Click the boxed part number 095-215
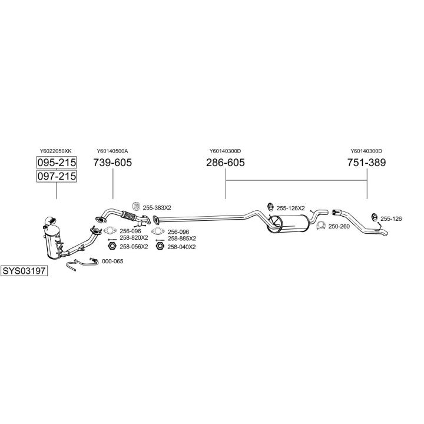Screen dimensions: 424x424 coord(57,163)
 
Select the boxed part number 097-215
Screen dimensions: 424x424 coord(57,176)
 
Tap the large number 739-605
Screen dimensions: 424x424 coord(112,163)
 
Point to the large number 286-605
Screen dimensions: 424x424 coord(225,163)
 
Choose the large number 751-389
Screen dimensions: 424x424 coord(366,163)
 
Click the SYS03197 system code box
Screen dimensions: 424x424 coord(24,271)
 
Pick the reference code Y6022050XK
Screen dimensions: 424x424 coord(57,151)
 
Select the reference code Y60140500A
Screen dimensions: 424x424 coord(112,151)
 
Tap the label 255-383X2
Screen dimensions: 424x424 coord(157,207)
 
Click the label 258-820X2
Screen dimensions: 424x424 coord(133,238)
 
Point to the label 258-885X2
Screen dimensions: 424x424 coord(181,238)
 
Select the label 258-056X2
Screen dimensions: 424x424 coord(133,247)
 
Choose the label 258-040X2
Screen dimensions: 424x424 coord(181,247)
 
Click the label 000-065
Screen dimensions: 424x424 coord(112,261)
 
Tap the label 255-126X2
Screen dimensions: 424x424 coord(290,208)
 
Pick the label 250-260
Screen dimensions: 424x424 coord(339,226)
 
